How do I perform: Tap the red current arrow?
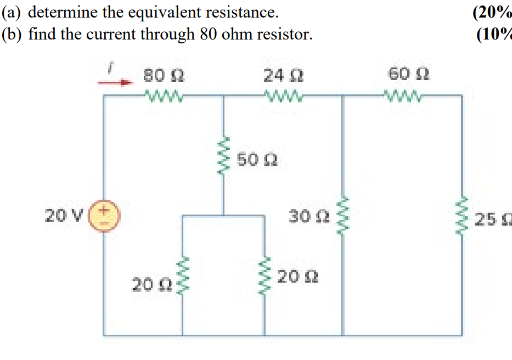(x=116, y=83)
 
